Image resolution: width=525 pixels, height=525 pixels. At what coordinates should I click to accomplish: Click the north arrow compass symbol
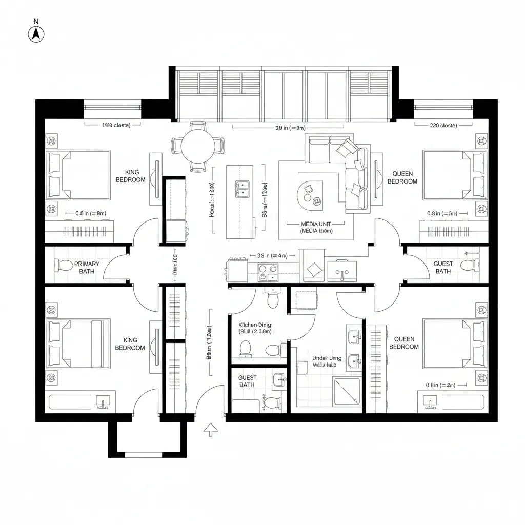36,34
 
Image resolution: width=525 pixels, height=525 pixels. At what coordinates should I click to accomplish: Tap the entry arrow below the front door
209,430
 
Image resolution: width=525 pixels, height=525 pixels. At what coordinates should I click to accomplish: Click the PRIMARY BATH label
87,267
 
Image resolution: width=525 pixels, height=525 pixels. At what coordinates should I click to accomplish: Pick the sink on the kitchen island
242,189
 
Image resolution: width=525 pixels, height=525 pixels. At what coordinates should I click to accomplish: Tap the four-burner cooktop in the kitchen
267,272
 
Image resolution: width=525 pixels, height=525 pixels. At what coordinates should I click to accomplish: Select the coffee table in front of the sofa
310,195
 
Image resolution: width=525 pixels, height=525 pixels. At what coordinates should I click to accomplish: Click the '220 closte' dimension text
442,125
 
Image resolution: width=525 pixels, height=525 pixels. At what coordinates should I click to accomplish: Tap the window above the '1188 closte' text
112,107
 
